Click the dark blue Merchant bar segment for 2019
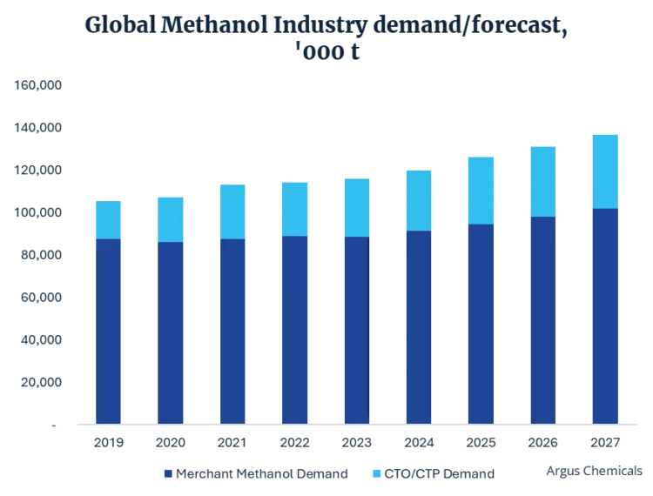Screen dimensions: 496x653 pos(108,331)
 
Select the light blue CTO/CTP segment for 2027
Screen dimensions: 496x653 pos(604,171)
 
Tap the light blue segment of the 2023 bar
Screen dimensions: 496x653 pos(356,207)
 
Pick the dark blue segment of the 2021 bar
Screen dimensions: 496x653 pos(232,331)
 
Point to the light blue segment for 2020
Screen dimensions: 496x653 pos(170,219)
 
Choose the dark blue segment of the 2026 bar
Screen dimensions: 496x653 pos(542,319)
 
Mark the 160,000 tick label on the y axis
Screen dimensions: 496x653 pos(37,85)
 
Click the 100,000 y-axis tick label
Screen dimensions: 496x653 pos(37,213)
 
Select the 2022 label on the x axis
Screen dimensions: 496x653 pos(294,442)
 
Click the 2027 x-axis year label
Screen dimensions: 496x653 pos(604,442)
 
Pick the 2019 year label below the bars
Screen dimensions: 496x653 pos(108,442)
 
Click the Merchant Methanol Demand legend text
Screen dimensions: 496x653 pos(262,474)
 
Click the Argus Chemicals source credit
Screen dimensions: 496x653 pos(594,471)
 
